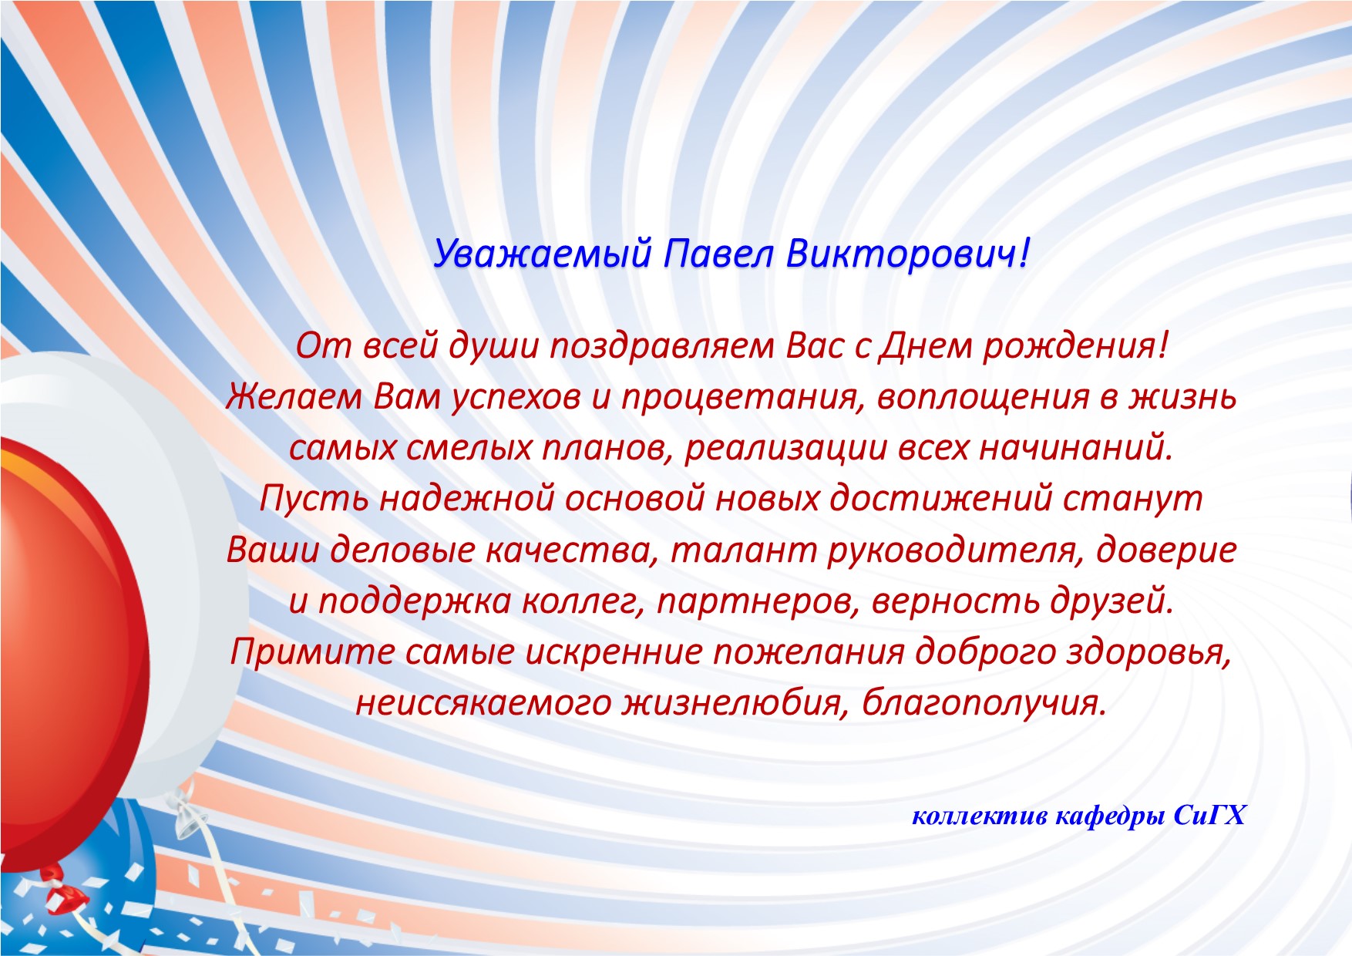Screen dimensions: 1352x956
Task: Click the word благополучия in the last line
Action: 979,703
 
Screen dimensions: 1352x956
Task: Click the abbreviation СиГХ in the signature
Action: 1209,816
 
